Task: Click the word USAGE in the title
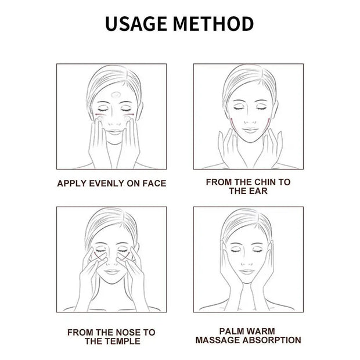136,24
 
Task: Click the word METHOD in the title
214,24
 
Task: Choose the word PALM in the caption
231,332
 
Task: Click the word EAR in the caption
258,191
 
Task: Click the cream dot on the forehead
116,94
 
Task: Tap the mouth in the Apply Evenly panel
115,132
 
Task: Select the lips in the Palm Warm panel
246,272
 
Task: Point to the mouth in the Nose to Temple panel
111,272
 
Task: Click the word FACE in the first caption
154,183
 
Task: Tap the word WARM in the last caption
260,332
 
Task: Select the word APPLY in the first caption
72,183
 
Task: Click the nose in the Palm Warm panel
247,262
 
